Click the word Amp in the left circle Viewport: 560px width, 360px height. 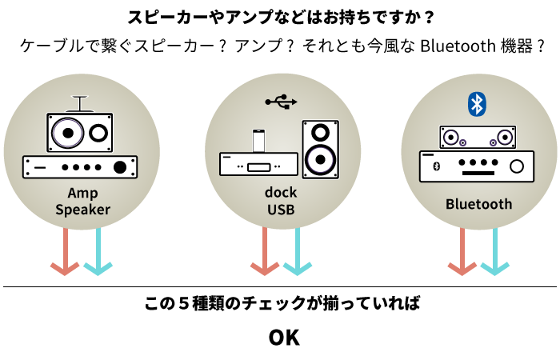click(82, 194)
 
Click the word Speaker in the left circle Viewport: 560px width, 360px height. click(82, 210)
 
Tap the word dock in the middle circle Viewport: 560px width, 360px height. click(280, 194)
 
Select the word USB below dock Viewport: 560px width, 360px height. click(280, 210)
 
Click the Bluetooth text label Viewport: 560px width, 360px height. click(478, 204)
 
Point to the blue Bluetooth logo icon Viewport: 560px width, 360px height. click(477, 103)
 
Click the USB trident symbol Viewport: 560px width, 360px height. click(281, 102)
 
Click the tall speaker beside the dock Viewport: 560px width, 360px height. click(320, 148)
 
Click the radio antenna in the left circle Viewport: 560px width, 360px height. click(78, 103)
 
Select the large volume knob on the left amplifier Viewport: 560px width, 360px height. click(120, 167)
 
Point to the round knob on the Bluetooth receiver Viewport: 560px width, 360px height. click(517, 166)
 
